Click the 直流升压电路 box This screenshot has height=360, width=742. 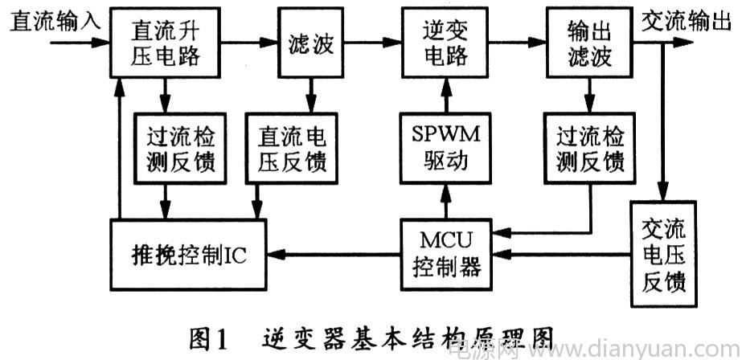pyautogui.click(x=165, y=43)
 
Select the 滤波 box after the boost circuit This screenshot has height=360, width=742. pyautogui.click(x=311, y=43)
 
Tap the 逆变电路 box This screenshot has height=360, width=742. pyautogui.click(x=445, y=43)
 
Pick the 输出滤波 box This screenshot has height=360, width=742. pyautogui.click(x=589, y=43)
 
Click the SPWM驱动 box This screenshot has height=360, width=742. pyautogui.click(x=445, y=148)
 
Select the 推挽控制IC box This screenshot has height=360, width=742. pyautogui.click(x=188, y=255)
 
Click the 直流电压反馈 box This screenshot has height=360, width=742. pyautogui.click(x=292, y=148)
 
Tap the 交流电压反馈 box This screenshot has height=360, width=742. pyautogui.click(x=663, y=254)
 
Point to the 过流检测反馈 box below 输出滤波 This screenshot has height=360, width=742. pyautogui.click(x=589, y=148)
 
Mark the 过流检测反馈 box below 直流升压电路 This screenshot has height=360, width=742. pyautogui.click(x=180, y=148)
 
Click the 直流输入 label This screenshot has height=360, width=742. pyautogui.click(x=55, y=22)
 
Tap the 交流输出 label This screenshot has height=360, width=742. pyautogui.click(x=687, y=22)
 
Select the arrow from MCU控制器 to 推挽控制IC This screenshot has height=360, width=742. pyautogui.click(x=334, y=255)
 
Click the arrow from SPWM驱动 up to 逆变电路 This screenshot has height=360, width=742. pyautogui.click(x=445, y=95)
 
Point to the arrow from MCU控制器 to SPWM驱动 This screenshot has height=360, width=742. pyautogui.click(x=445, y=201)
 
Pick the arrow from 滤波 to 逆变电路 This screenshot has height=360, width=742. pyautogui.click(x=372, y=43)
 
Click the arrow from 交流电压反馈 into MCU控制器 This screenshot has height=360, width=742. pyautogui.click(x=561, y=255)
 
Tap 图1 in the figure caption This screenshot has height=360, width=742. pyautogui.click(x=209, y=338)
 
